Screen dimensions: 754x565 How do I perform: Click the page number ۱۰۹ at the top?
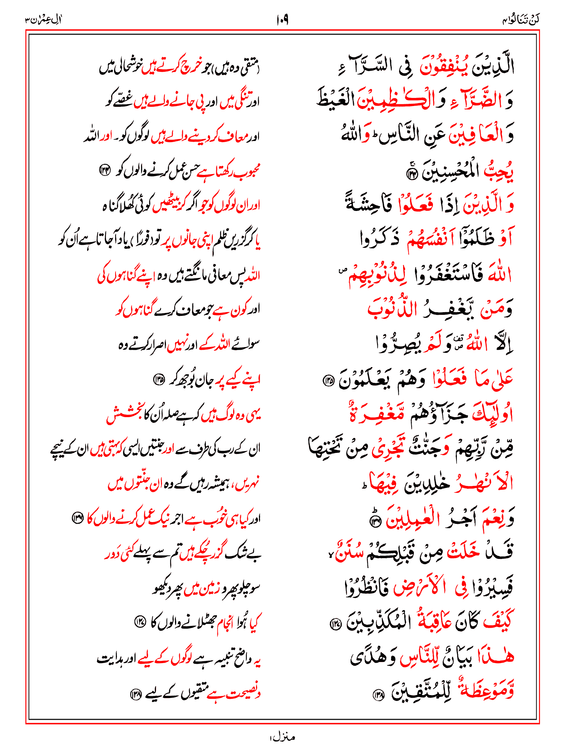282,20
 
